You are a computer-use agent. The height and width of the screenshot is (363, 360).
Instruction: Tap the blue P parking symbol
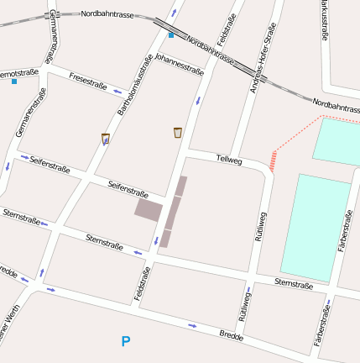tap(126, 341)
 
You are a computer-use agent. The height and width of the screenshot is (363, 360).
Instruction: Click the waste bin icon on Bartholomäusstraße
tap(105, 139)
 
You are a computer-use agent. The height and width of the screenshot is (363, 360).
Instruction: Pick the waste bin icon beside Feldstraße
tap(177, 132)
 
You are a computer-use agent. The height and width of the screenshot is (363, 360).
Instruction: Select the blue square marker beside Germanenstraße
tap(14, 82)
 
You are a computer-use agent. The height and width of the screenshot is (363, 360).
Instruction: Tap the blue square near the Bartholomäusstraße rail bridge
tap(171, 35)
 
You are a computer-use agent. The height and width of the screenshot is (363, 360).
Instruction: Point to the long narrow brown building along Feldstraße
tap(174, 210)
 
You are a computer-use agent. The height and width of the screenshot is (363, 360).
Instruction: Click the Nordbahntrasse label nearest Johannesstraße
tap(209, 49)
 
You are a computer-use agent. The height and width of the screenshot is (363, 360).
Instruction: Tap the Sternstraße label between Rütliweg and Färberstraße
tap(294, 285)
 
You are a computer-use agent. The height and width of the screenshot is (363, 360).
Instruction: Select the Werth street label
tap(11, 326)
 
